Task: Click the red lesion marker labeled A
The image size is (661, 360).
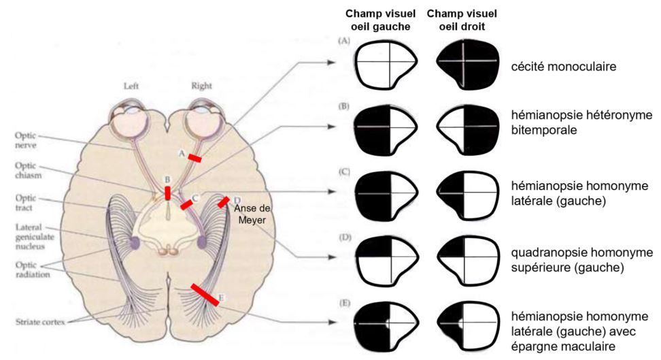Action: click(x=194, y=158)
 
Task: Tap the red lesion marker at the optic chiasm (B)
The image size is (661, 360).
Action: click(x=168, y=193)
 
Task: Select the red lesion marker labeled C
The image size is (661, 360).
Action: click(x=186, y=204)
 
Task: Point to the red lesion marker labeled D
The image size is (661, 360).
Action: click(x=223, y=202)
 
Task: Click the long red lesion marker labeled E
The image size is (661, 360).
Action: click(x=205, y=295)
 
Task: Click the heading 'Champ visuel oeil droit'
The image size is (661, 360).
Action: click(x=462, y=20)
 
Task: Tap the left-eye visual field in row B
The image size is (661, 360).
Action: click(x=384, y=127)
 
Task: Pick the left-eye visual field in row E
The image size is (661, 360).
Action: click(x=384, y=322)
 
